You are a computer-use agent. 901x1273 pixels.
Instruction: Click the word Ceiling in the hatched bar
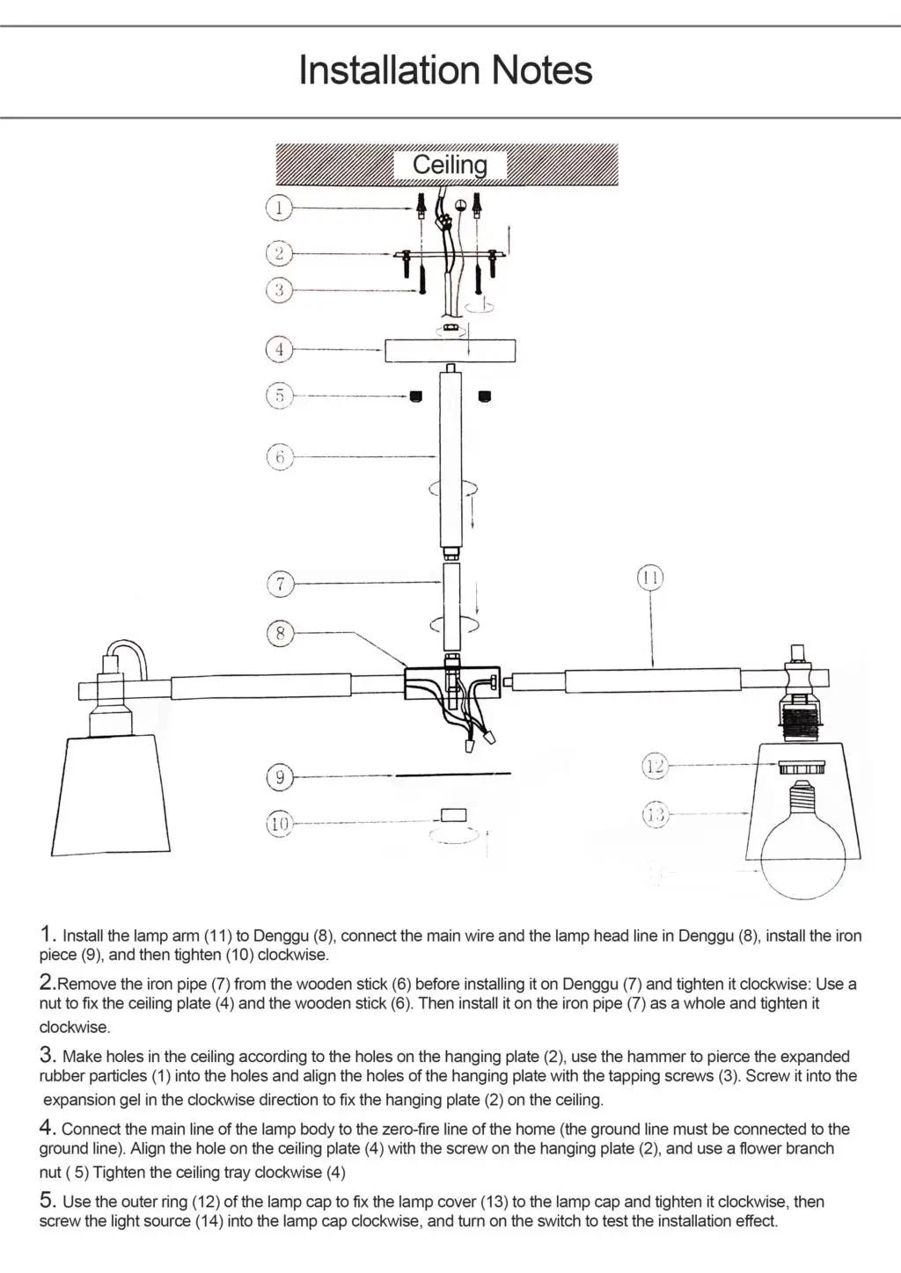click(450, 164)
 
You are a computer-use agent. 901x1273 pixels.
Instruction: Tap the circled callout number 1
click(279, 208)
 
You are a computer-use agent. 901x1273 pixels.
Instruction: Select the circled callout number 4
click(279, 349)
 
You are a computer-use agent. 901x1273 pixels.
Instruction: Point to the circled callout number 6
click(279, 456)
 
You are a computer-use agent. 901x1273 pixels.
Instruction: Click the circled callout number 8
click(280, 633)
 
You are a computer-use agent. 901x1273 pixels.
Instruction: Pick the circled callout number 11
click(650, 578)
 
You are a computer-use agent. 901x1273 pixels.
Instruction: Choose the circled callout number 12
click(655, 766)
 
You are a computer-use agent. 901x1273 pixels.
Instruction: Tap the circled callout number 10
click(279, 824)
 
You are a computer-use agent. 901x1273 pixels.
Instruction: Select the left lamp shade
click(118, 795)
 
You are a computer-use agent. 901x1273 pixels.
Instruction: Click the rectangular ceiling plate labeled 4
click(450, 351)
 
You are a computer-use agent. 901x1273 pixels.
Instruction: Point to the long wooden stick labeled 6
click(450, 457)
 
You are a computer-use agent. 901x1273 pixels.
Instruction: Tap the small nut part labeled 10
click(454, 815)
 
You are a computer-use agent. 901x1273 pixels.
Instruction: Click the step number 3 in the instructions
click(48, 1055)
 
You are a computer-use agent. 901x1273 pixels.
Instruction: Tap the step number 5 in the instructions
click(48, 1200)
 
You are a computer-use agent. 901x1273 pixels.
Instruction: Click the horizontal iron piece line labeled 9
click(452, 775)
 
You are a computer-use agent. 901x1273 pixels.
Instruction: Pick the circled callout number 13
click(655, 815)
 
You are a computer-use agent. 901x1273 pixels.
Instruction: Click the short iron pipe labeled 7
click(450, 607)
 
